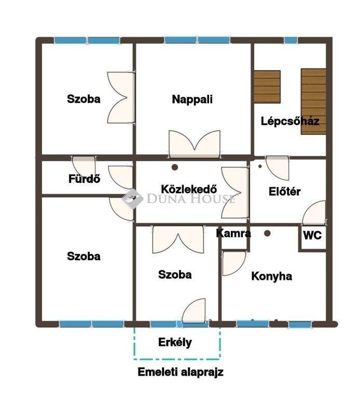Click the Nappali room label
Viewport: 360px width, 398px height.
coord(192,99)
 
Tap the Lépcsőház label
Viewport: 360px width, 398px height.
coord(290,121)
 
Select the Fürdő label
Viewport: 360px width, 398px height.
coord(84,179)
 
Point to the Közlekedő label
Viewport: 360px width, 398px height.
coord(189,189)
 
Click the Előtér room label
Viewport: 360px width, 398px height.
coord(285,191)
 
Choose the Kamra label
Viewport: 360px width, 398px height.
coord(233,233)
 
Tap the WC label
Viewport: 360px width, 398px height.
coord(312,236)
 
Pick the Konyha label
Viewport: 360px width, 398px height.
coord(272,276)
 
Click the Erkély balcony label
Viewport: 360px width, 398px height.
coord(175,342)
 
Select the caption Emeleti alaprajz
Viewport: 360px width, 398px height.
coord(181,372)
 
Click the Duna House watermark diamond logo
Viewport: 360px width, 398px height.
coord(132,199)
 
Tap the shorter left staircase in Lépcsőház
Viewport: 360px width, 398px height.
coord(267,87)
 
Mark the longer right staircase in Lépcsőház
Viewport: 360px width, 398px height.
coord(313,101)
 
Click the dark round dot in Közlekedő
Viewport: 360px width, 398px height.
coord(174,167)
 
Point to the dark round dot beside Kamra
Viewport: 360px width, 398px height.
coord(267,233)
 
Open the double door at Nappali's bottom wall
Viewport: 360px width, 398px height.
coord(195,144)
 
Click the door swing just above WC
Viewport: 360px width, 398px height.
coord(314,212)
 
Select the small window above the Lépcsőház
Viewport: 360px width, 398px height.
coord(290,40)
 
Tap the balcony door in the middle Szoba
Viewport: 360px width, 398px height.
coord(194,311)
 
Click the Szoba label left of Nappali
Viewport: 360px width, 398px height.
coord(84,99)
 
